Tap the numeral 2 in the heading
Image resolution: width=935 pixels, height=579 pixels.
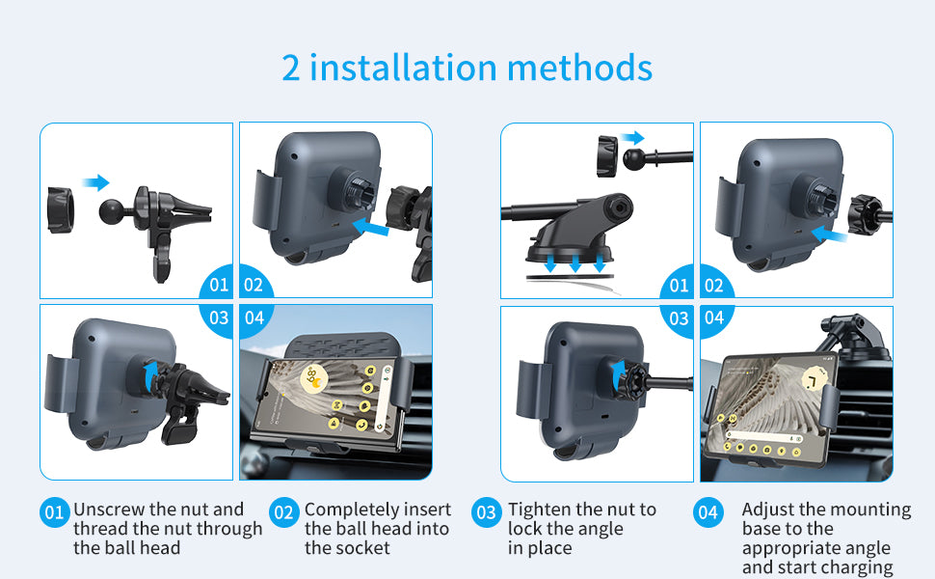click(x=290, y=69)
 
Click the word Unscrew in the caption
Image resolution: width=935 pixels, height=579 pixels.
click(x=109, y=510)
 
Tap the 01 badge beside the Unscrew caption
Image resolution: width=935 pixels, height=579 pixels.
click(x=54, y=512)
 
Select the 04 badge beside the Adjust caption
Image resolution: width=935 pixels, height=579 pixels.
click(x=708, y=512)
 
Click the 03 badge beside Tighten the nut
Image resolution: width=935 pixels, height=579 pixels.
click(x=486, y=512)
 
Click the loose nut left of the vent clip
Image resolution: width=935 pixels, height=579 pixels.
click(x=60, y=210)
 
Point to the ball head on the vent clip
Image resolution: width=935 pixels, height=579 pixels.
click(x=111, y=211)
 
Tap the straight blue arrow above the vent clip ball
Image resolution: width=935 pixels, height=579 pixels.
click(x=95, y=182)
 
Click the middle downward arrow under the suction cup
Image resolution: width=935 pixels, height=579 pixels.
click(x=574, y=262)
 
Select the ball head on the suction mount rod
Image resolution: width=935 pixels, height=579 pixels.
click(x=634, y=159)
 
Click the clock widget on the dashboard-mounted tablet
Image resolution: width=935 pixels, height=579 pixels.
click(x=812, y=380)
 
